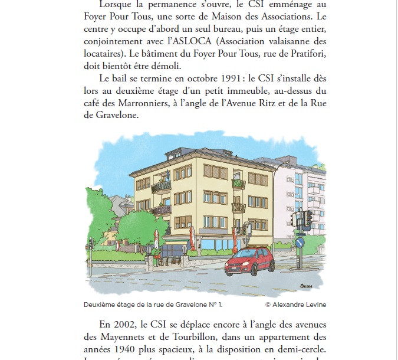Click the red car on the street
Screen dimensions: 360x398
point(249,261)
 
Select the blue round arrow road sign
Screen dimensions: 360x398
point(300,243)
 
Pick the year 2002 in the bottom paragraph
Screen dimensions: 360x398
point(124,323)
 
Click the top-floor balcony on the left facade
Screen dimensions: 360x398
point(160,186)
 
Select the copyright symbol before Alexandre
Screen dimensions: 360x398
point(268,305)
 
